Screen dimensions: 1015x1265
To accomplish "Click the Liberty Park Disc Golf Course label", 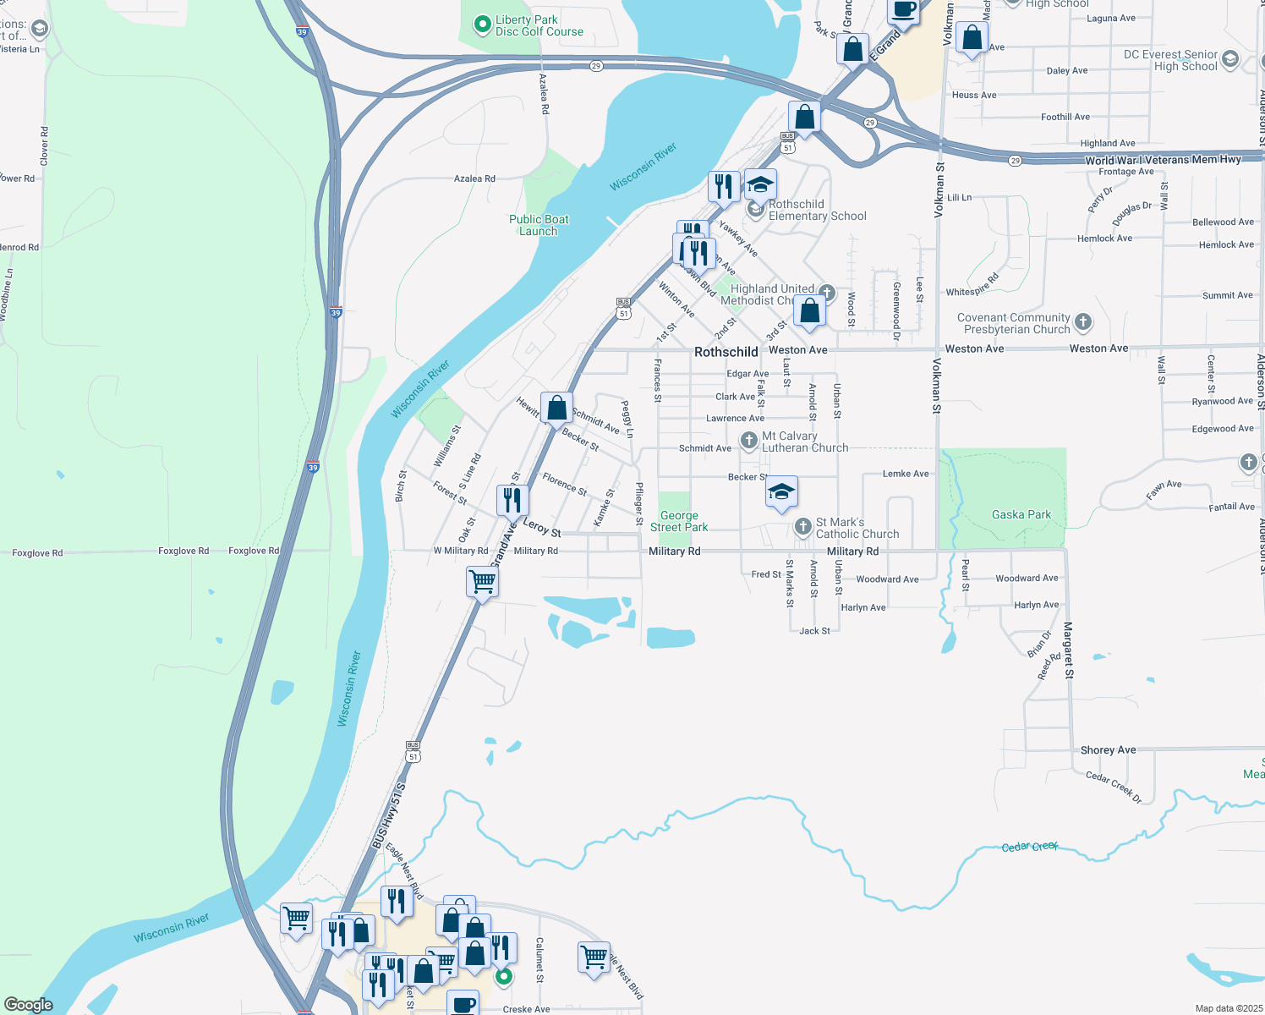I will point(539,25).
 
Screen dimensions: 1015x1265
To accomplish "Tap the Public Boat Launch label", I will point(539,225).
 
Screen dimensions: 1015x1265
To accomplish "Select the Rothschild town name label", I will point(726,352).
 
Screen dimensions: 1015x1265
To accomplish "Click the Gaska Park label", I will point(1021,514).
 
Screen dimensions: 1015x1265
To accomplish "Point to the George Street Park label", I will point(679,521).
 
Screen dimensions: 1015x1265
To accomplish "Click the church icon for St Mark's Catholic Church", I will point(803,528).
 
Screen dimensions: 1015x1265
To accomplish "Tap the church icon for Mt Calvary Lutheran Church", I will point(748,441).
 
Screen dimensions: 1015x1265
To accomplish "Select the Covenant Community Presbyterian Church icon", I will point(1083,322).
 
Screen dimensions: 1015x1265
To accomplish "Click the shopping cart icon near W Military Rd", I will point(482,581).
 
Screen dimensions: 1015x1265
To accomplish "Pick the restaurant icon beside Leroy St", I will point(512,500).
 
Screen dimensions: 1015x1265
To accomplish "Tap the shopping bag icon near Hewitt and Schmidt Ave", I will point(556,408).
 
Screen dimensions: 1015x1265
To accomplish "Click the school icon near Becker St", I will point(781,491).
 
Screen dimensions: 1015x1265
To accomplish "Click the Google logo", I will point(29,1005).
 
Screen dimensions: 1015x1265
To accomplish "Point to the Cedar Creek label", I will point(1029,847).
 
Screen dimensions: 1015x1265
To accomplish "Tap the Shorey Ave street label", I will point(1108,750).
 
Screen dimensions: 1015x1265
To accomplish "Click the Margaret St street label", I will point(1068,650).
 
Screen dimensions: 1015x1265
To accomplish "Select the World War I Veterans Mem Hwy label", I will point(1163,160).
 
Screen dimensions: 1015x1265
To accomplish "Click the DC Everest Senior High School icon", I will point(1230,59).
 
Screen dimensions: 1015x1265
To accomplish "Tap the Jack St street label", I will point(814,631).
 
